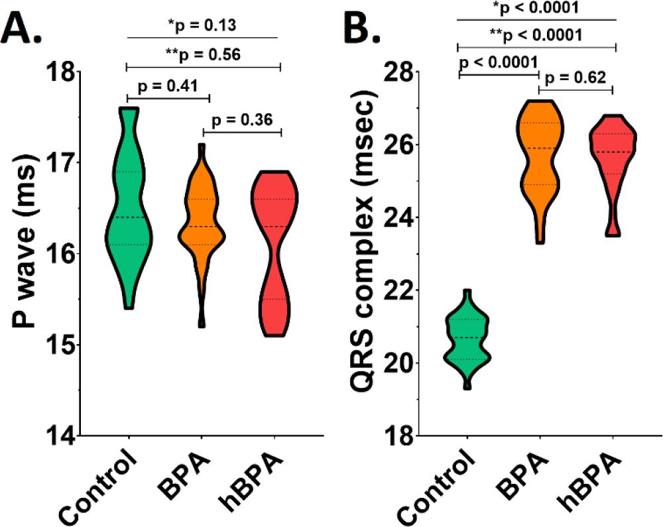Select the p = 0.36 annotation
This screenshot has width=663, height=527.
click(243, 120)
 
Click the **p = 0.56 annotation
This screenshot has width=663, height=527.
click(202, 56)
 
